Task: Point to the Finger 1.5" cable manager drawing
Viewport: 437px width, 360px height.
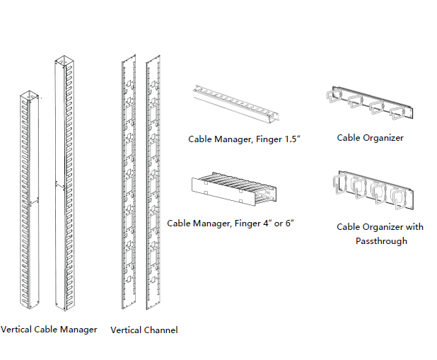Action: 238,103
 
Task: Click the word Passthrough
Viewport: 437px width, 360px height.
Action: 380,240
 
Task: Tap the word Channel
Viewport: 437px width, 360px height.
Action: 161,330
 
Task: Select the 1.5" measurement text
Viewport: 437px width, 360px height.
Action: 292,139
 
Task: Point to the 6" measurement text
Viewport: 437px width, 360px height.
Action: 289,223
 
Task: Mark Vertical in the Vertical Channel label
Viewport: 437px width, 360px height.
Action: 126,330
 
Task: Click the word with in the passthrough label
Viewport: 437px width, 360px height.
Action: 415,227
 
